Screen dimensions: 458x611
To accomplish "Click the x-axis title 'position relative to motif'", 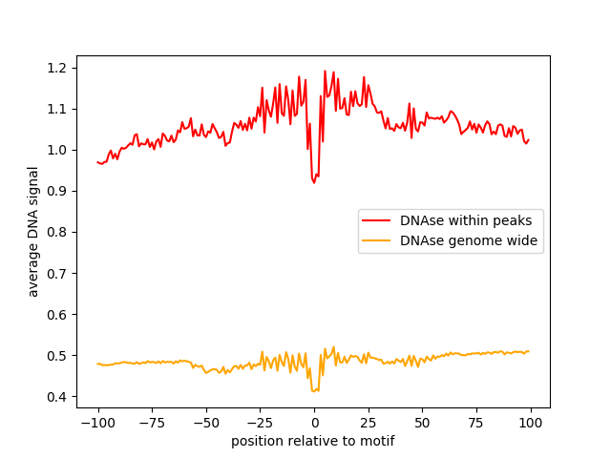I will (312, 442).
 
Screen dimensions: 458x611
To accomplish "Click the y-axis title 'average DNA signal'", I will (33, 232).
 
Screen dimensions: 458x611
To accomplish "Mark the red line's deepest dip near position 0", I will (314, 182).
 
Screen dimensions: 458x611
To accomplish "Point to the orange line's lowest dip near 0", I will (313, 391).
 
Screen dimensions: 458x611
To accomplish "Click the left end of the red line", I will (97, 162).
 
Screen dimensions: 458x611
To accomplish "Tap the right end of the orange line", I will (529, 351).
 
